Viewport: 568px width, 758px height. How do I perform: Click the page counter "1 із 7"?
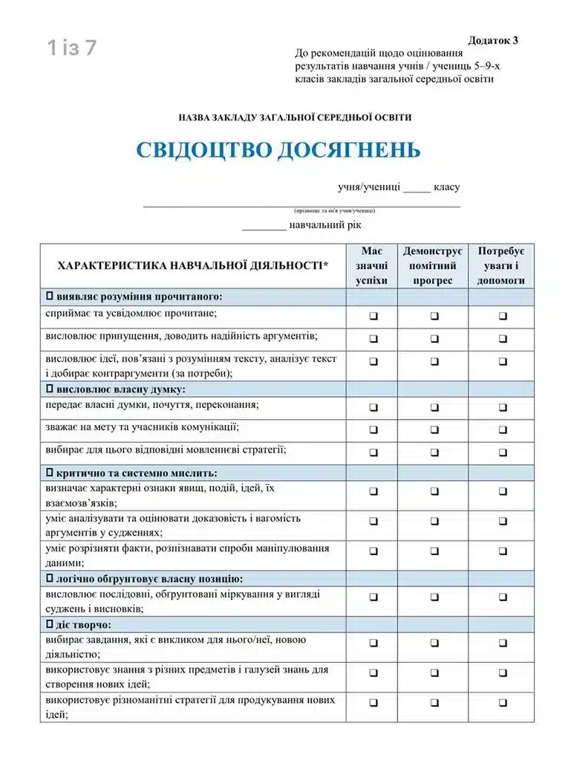tap(72, 48)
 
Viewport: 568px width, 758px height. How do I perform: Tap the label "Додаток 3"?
tap(493, 40)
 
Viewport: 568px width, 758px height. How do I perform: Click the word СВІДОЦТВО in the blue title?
tap(202, 150)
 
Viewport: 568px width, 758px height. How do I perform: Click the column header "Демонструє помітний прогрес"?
tap(433, 266)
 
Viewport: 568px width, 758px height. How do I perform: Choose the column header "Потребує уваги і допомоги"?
tap(501, 266)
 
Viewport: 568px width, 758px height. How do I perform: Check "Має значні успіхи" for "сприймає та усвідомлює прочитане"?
tap(373, 316)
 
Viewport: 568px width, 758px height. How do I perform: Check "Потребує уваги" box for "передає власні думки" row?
tap(503, 407)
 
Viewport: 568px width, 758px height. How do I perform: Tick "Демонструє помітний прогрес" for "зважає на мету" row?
tap(434, 430)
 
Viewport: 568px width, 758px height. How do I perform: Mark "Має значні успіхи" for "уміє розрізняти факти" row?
tap(373, 551)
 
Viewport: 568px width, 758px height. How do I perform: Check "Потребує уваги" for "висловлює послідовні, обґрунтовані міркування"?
tap(503, 596)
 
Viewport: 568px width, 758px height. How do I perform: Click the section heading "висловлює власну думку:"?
tap(120, 389)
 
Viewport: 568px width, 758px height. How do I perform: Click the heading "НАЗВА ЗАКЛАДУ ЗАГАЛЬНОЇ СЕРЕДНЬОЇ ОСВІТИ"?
tap(284, 117)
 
